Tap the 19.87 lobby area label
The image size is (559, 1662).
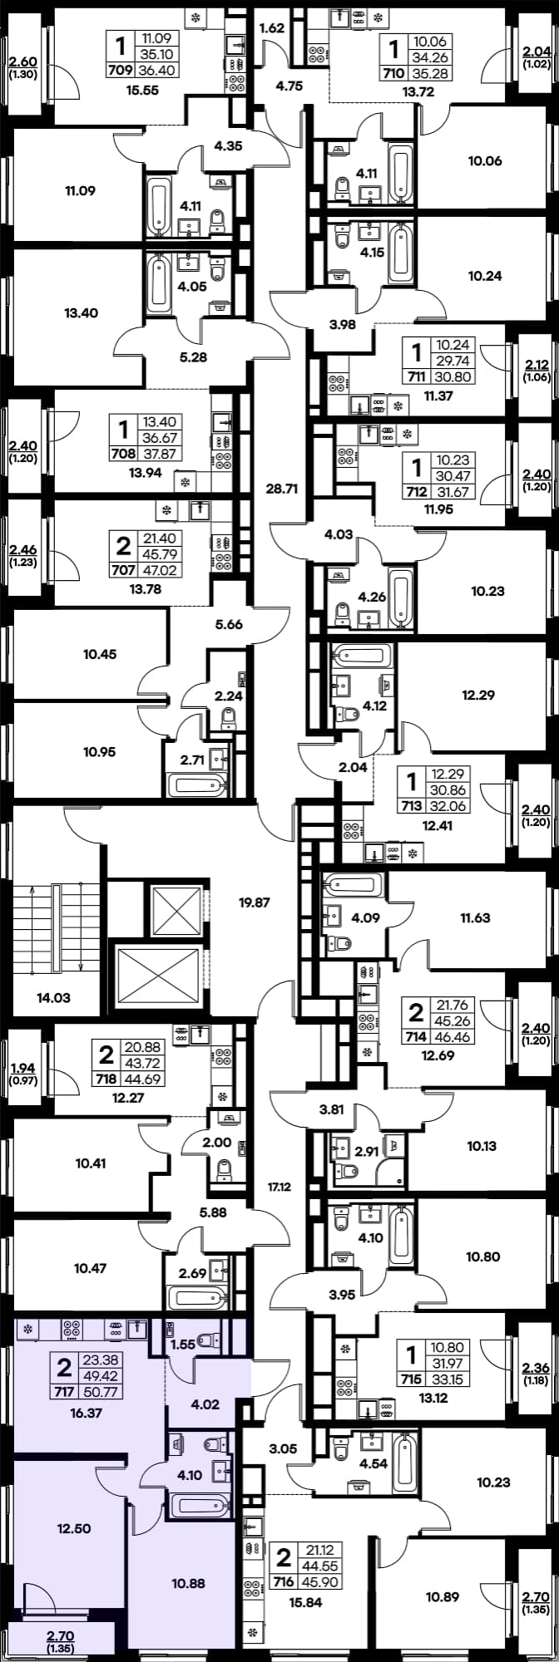pyautogui.click(x=254, y=902)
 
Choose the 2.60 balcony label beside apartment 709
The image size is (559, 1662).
pyautogui.click(x=22, y=60)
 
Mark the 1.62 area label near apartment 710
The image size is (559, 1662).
pyautogui.click(x=272, y=28)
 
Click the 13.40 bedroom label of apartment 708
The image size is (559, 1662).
pyautogui.click(x=81, y=313)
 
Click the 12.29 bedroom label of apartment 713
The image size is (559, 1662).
pyautogui.click(x=478, y=695)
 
